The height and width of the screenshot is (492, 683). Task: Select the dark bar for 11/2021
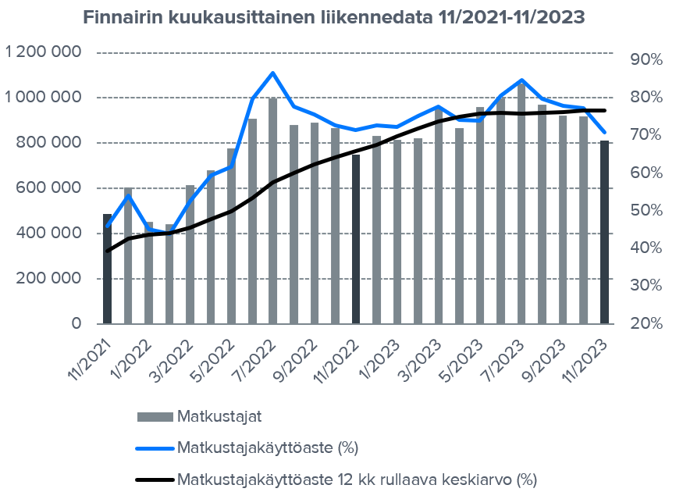click(108, 269)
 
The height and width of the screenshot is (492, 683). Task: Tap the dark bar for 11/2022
click(356, 239)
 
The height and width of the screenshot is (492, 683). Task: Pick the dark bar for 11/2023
click(604, 232)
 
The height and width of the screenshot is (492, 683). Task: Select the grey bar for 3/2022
click(190, 254)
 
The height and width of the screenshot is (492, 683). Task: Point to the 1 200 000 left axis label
click(44, 52)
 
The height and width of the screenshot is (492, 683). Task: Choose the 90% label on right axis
click(646, 59)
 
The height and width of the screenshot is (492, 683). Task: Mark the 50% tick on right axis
click(646, 210)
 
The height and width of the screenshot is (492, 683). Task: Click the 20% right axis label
click(646, 323)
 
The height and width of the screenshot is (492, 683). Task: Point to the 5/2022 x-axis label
click(219, 358)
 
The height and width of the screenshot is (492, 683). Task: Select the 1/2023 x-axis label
click(385, 358)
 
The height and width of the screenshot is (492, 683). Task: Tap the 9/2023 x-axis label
click(550, 358)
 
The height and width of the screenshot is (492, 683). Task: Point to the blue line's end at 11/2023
click(604, 133)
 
